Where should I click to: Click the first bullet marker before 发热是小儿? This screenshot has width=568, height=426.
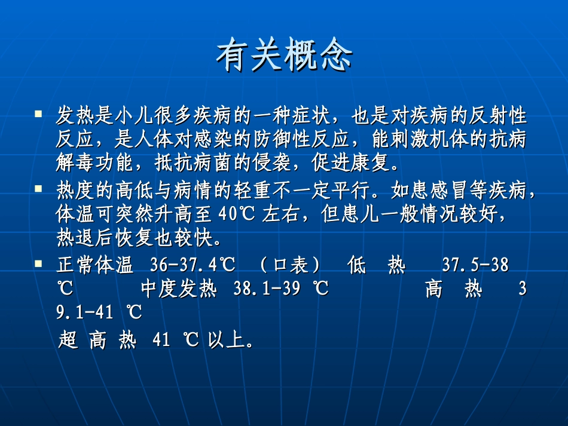click(39, 112)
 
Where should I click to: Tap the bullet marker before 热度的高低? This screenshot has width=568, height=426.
click(39, 188)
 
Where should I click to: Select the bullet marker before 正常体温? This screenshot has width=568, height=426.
click(39, 263)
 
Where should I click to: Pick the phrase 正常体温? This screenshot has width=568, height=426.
click(94, 265)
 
